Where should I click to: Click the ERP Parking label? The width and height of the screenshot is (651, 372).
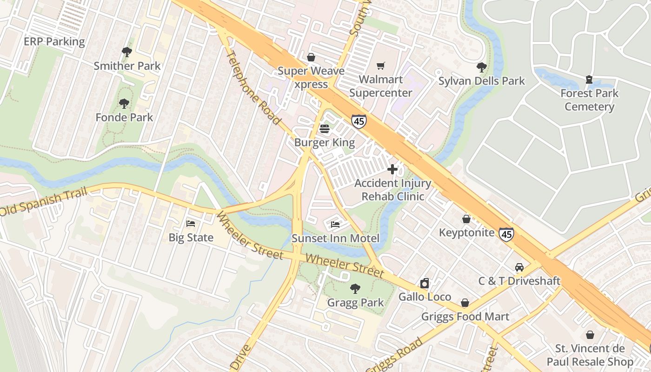pos(54,41)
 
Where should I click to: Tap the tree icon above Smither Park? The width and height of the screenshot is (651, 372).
pos(126,52)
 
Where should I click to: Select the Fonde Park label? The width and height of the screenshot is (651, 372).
pos(124,117)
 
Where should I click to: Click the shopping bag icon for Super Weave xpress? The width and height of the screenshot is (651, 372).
pos(311,57)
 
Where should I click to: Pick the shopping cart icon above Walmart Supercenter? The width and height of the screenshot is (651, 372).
pos(381,66)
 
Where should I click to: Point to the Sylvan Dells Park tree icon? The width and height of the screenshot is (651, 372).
pos(482,67)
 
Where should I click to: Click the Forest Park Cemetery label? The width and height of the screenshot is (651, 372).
pos(589,100)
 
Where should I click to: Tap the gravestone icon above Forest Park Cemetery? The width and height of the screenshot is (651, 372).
pos(589,80)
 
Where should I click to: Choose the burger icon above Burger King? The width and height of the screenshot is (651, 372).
pos(325,128)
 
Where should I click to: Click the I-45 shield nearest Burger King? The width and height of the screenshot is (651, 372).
pos(359,122)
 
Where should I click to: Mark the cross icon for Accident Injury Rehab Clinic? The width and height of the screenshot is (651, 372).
pos(392,169)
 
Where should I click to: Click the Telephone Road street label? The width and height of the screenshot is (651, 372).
pos(253,87)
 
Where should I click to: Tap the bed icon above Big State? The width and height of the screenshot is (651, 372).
pos(191,224)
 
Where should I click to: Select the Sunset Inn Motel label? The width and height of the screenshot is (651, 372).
pos(335,239)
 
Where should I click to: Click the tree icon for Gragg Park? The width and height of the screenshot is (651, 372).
pos(355,289)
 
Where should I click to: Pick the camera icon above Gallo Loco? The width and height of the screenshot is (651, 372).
pos(425,283)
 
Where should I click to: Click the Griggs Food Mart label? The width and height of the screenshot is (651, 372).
pos(465,317)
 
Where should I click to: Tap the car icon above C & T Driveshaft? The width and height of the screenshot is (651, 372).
pos(519,267)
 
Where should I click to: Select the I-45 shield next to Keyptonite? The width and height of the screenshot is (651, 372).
pos(506,234)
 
